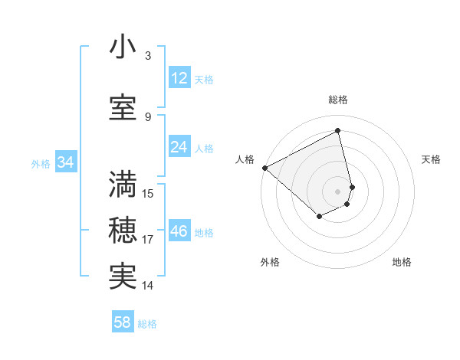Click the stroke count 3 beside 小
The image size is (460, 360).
click(148, 56)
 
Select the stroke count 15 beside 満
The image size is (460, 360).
click(148, 193)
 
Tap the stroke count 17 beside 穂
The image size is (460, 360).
click(148, 240)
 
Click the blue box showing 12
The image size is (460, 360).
click(179, 78)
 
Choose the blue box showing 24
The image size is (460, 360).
click(179, 147)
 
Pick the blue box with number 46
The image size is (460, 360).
click(179, 231)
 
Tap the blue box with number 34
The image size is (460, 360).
click(65, 162)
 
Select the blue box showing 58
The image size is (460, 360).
click(123, 322)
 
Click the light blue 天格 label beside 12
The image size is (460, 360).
click(204, 80)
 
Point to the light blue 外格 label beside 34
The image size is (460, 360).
click(41, 163)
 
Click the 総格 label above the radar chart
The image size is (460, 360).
click(338, 100)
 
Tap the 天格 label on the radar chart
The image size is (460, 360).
click(432, 159)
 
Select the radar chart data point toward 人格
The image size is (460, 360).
click(264, 168)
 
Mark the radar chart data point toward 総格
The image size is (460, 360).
click(338, 130)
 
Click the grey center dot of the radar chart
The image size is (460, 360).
click(338, 191)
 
